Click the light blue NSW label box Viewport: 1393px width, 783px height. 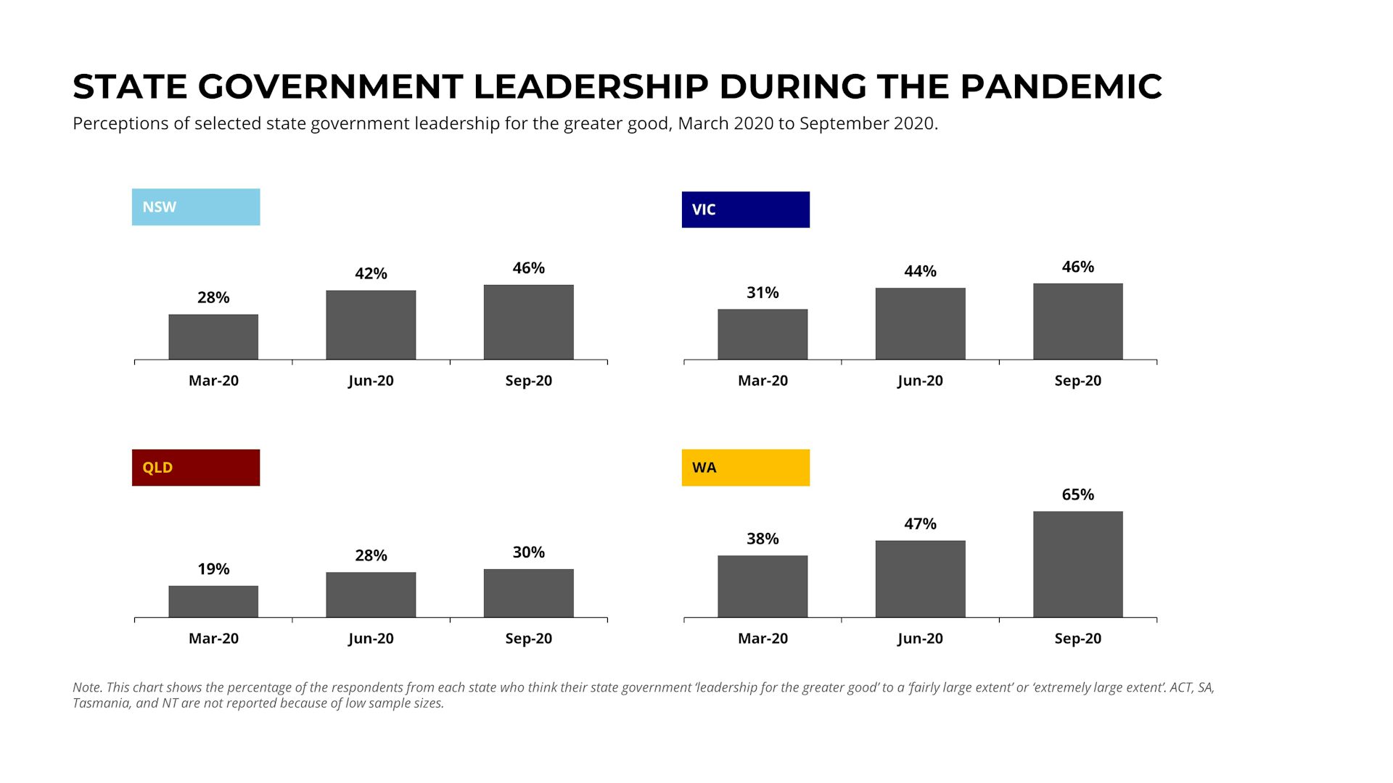tap(196, 207)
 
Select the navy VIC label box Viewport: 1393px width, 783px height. tap(745, 210)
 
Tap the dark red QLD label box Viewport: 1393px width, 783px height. tap(196, 468)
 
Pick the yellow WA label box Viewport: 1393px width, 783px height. tap(745, 468)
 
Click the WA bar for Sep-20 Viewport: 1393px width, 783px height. tap(1077, 565)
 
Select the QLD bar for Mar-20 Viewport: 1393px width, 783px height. tap(213, 602)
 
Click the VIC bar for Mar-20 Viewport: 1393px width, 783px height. tap(763, 334)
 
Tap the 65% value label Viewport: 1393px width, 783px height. tap(1077, 494)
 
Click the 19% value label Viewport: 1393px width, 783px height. tap(213, 569)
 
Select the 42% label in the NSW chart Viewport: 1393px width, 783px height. tap(371, 273)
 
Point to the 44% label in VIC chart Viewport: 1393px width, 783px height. tap(920, 271)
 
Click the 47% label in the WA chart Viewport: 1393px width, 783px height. tap(920, 523)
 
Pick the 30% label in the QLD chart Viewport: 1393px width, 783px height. tap(528, 552)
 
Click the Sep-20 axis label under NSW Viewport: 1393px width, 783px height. tap(528, 381)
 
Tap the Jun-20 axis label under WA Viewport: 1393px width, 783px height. tap(920, 639)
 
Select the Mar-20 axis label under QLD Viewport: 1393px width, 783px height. tap(213, 639)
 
